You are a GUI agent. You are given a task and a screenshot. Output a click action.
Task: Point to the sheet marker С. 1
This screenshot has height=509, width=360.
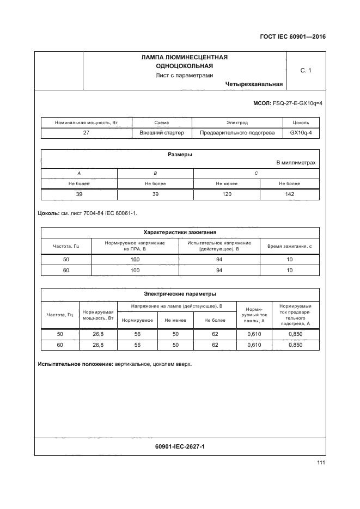point(306,70)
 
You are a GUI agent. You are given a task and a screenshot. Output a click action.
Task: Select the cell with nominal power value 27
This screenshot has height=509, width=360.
point(86,132)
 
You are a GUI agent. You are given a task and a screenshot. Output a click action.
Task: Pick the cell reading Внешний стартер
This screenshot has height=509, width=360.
point(162,132)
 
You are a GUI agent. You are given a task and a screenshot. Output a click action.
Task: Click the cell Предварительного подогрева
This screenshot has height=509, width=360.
point(237,132)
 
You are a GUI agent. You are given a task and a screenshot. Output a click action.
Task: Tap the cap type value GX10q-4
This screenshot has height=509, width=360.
point(301,132)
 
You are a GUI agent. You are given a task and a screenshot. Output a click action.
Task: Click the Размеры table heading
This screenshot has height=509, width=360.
point(180,155)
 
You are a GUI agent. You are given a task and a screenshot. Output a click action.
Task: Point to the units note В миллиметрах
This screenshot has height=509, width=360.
point(296,163)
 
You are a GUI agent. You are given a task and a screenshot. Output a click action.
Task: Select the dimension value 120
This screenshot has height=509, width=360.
point(227,194)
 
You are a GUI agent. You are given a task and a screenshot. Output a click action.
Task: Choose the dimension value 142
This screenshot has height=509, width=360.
point(290,194)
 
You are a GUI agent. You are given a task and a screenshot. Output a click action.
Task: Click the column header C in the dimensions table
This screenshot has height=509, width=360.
point(257,173)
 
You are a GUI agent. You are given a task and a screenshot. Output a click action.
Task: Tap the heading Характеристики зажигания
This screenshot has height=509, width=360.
point(180,231)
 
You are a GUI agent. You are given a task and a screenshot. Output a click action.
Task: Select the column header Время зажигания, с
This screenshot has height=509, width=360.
point(290,246)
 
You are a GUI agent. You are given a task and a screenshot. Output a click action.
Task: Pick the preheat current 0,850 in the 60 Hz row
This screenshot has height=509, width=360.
point(295,345)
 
